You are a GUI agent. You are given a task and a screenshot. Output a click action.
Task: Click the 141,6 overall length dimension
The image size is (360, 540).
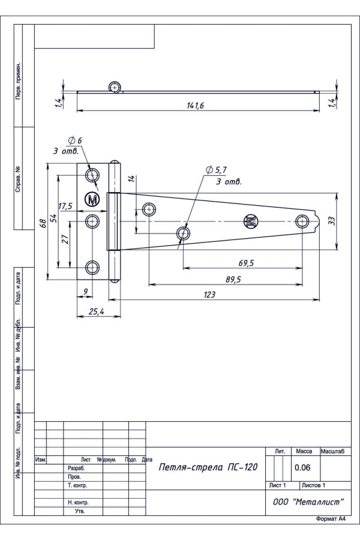coord(196,106)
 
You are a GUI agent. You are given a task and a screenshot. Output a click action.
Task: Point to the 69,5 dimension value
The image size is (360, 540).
coord(245,263)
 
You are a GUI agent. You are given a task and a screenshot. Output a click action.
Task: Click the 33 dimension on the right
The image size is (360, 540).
coord(331,221)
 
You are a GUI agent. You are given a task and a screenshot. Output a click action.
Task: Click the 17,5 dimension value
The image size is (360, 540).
coord(65,206)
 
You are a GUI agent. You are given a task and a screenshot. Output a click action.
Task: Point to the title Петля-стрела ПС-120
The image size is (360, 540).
coord(203,468)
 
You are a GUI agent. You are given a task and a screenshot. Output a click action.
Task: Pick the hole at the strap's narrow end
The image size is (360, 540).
coord(302,221)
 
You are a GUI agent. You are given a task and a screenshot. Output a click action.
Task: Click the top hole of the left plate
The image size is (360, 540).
coord(92,175)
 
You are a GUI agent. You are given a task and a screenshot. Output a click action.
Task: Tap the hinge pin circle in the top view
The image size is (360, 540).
coord(114,88)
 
